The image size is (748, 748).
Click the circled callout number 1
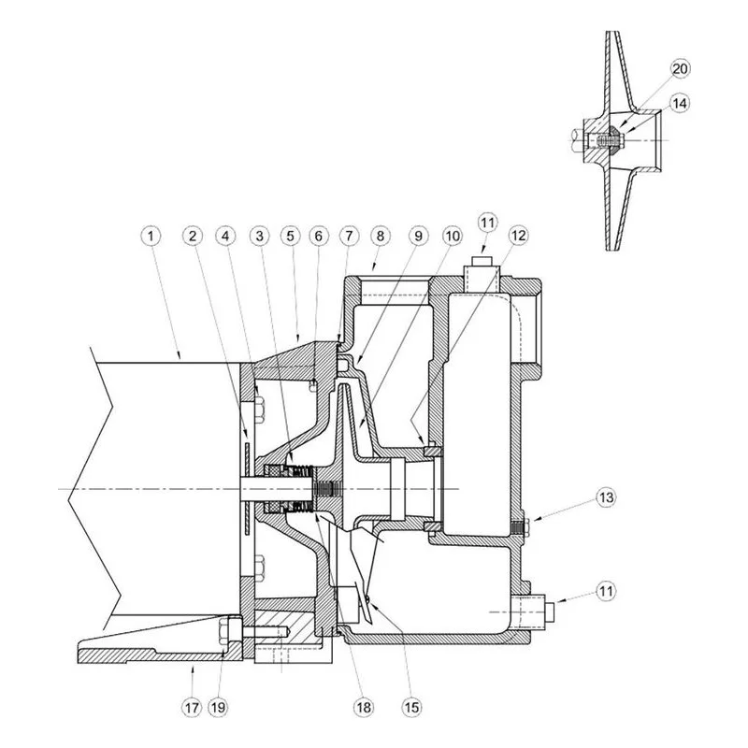151,236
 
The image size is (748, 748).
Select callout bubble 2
193,236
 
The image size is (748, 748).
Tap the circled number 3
260,236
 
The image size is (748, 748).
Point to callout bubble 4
226,236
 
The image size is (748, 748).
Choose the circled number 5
291,236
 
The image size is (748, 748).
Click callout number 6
319,236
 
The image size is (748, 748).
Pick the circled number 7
349,236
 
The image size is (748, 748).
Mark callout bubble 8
381,236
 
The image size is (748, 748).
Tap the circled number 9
418,236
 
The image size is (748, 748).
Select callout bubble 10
453,236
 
